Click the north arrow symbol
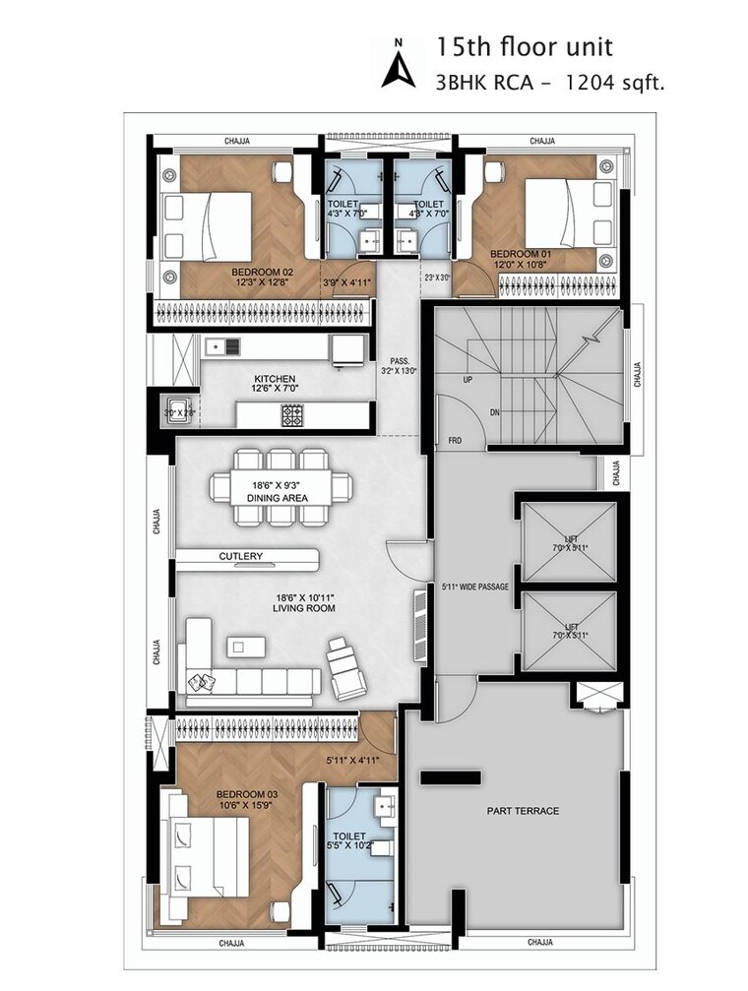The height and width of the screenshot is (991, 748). click(x=399, y=64)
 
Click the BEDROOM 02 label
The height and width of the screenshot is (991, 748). click(x=262, y=272)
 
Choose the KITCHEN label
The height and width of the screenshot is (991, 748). click(x=275, y=378)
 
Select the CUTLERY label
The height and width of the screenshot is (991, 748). click(x=241, y=557)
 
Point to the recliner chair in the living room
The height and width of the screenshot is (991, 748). click(x=346, y=667)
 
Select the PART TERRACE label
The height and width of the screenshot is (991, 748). click(x=523, y=811)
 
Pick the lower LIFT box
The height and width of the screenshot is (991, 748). click(x=567, y=631)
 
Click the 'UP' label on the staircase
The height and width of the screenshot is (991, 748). click(x=469, y=379)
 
